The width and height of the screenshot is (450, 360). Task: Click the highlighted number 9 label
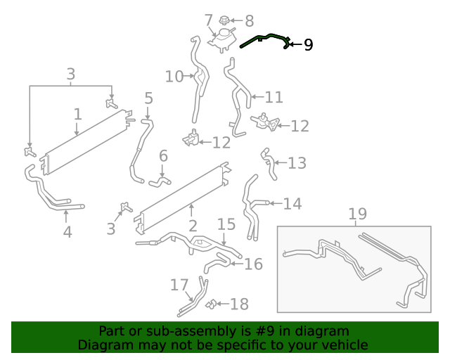tap(308, 45)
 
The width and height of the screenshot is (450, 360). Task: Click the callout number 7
tap(208, 19)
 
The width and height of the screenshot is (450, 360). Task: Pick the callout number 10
tap(174, 76)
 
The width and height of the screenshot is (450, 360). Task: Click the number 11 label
tap(274, 97)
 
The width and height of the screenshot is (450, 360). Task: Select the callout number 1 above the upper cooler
tap(77, 114)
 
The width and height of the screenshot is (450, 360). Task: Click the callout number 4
tap(67, 231)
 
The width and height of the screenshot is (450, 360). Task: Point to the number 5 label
tap(148, 98)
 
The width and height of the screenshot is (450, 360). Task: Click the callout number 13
tap(297, 163)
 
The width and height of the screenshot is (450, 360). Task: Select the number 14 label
tap(292, 204)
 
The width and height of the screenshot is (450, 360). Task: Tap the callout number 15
tap(226, 224)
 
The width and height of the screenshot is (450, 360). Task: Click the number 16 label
tap(252, 264)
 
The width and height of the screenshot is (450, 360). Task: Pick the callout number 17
tap(179, 285)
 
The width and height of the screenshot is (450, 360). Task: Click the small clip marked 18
tap(211, 304)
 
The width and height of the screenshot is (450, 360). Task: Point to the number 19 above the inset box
tap(357, 214)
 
